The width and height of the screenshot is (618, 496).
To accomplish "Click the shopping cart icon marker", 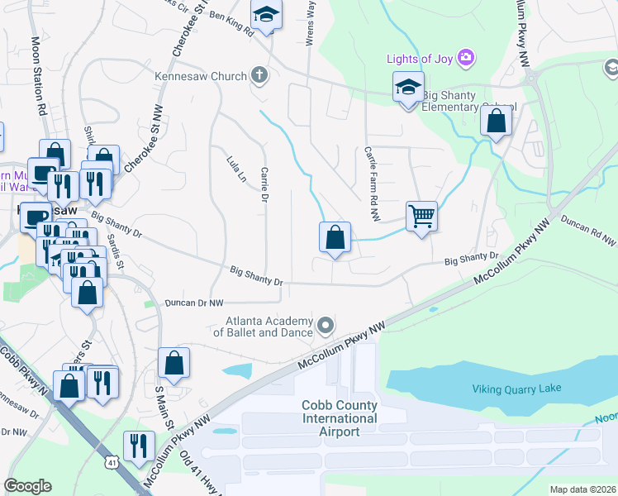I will [x=421, y=217].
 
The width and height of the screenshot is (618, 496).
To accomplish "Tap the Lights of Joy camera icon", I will [x=467, y=57].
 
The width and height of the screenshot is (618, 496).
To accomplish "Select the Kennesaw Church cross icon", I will [x=259, y=76].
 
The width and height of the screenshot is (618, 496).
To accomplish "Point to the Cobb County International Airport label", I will [x=328, y=418].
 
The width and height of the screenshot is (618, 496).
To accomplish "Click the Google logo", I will [x=27, y=486].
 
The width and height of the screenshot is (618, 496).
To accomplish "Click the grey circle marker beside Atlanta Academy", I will [x=326, y=325].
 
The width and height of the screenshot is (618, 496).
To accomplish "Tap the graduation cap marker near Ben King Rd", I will [x=266, y=15].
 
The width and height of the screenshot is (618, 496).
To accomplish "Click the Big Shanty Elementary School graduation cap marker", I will [x=408, y=88].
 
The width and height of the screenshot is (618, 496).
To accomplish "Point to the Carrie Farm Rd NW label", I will [x=371, y=184].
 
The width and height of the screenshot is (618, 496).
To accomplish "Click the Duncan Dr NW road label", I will [x=193, y=303].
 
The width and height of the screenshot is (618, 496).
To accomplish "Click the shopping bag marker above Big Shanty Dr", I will [x=335, y=238].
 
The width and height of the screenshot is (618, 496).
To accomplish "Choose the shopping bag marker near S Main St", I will [x=174, y=363].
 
